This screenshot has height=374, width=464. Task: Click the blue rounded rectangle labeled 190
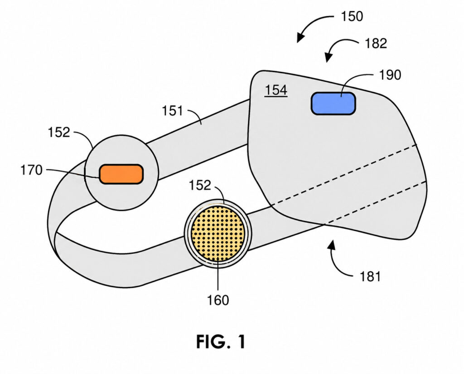pyautogui.click(x=333, y=103)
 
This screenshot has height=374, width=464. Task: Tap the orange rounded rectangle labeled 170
pyautogui.click(x=121, y=174)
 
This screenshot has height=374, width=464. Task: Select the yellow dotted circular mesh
pyautogui.click(x=218, y=234)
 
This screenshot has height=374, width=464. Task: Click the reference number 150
pyautogui.click(x=352, y=16)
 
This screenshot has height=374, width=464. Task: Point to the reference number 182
pyautogui.click(x=376, y=44)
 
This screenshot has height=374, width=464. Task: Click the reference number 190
pyautogui.click(x=390, y=75)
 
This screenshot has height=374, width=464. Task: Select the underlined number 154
pyautogui.click(x=276, y=90)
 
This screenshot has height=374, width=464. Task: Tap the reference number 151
pyautogui.click(x=173, y=111)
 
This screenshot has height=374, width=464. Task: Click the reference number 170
pyautogui.click(x=31, y=170)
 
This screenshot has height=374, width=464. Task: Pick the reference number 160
pyautogui.click(x=218, y=300)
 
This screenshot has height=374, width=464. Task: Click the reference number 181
pyautogui.click(x=370, y=276)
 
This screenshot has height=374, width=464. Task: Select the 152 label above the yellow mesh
pyautogui.click(x=200, y=185)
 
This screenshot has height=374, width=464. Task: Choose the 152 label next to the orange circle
pyautogui.click(x=59, y=132)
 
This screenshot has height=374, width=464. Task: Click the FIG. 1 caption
pyautogui.click(x=221, y=342)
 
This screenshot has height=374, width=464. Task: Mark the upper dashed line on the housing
pyautogui.click(x=343, y=175)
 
